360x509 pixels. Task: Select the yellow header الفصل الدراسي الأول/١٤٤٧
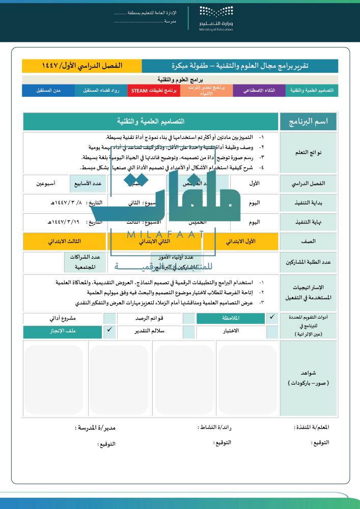82,66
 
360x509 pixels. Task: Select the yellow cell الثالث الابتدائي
64,241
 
